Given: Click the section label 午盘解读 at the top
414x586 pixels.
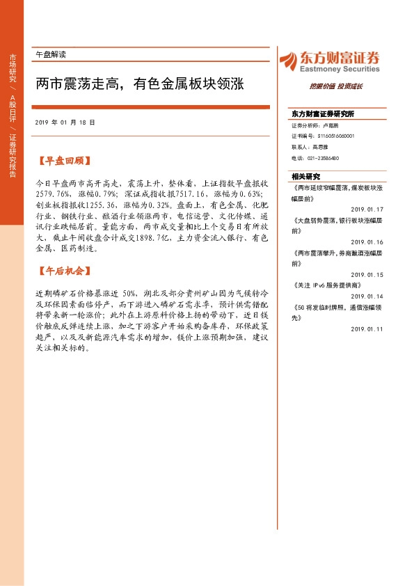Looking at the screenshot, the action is point(50,54).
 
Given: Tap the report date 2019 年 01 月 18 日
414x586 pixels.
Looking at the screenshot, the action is point(64,122).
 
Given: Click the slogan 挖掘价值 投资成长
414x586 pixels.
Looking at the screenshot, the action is point(336,87).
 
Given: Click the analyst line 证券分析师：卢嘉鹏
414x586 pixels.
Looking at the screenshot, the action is point(315,126).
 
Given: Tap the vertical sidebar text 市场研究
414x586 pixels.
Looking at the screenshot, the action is point(12,68).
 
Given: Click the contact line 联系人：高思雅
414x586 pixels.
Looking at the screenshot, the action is point(309,148).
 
